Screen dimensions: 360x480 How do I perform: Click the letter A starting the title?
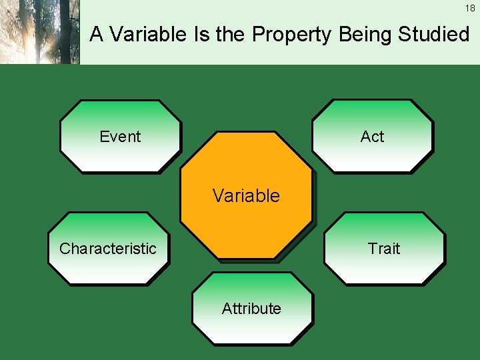pos(97,34)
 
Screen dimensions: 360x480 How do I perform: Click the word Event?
pos(120,137)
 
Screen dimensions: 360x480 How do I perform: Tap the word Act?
pos(372,137)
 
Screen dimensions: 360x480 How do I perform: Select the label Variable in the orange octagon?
pos(246,196)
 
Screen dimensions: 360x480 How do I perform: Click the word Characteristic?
pos(108,249)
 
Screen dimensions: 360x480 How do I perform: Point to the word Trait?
pos(384,249)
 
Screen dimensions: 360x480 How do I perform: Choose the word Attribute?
pos(251,309)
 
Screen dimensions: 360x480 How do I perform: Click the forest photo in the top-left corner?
pos(39,32)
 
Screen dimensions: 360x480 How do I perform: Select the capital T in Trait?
pos(372,249)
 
